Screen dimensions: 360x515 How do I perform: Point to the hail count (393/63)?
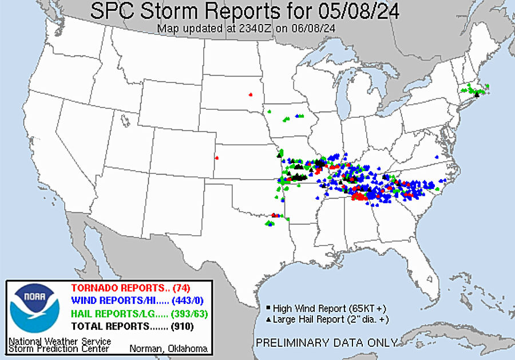[189, 314]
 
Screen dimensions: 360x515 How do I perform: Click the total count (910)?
[182, 326]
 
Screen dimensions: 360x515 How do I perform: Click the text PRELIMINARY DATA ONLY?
[326, 343]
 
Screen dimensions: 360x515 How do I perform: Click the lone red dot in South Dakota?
[250, 94]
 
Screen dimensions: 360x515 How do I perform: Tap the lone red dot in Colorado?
[216, 158]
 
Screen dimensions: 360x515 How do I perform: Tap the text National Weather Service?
[60, 341]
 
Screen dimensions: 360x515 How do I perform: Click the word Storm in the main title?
[177, 10]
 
